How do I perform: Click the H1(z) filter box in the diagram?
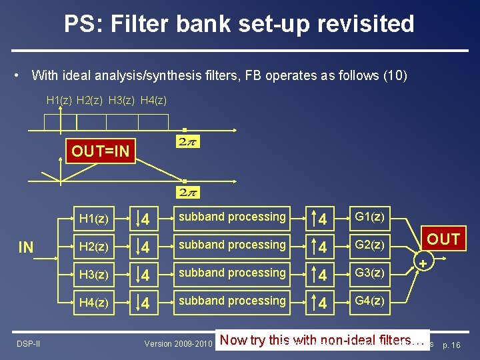tap(94, 218)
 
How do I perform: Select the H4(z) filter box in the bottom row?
tap(94, 302)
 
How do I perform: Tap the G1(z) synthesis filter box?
tap(369, 217)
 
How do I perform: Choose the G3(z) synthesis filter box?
tap(369, 273)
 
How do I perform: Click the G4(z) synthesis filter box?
tap(369, 301)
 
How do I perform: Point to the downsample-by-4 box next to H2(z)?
tap(145, 246)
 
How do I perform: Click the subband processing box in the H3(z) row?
tap(231, 273)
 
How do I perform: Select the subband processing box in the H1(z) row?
tap(231, 217)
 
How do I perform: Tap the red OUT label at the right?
tap(443, 239)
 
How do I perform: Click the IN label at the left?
tap(26, 248)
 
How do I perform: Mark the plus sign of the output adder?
tap(423, 264)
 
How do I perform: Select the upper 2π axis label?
tap(187, 141)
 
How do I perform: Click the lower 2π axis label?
tap(187, 192)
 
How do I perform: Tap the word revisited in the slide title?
tap(363, 24)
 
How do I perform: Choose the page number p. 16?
tap(451, 345)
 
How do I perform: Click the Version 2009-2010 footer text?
tap(178, 344)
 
